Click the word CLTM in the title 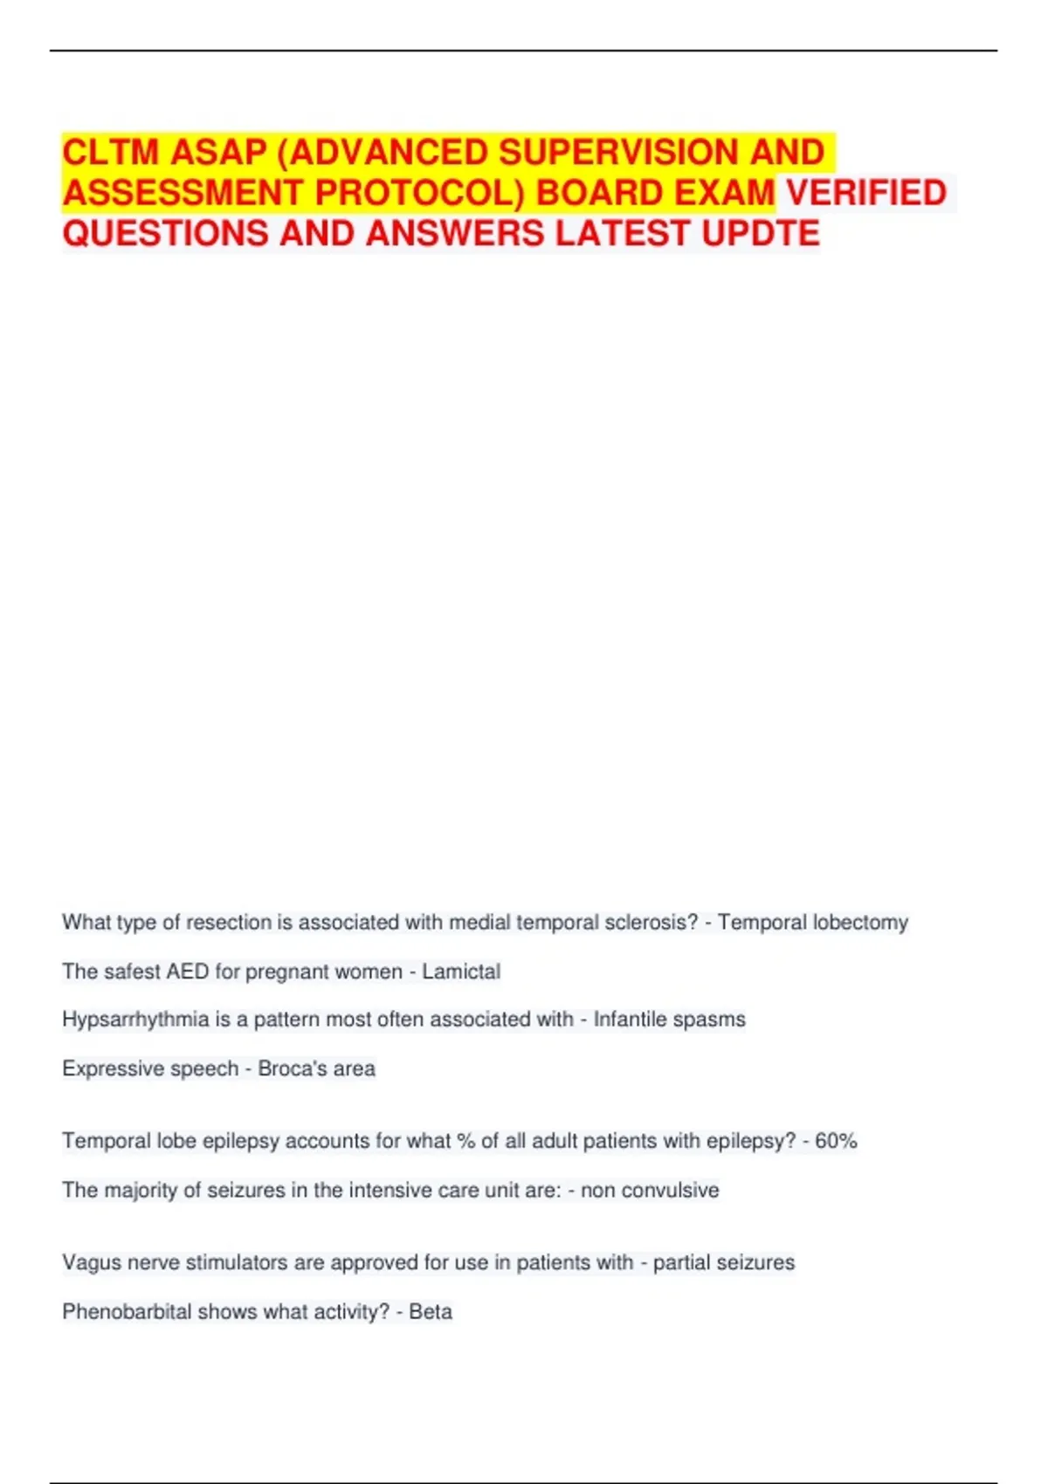(x=111, y=153)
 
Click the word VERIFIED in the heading (x=865, y=193)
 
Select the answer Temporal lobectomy (x=813, y=923)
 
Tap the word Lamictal (x=461, y=972)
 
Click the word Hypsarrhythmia (x=135, y=1020)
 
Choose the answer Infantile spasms (x=669, y=1020)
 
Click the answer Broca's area (x=316, y=1068)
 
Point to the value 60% (x=836, y=1141)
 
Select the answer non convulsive (x=650, y=1190)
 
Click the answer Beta (x=431, y=1312)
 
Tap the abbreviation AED (x=188, y=972)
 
